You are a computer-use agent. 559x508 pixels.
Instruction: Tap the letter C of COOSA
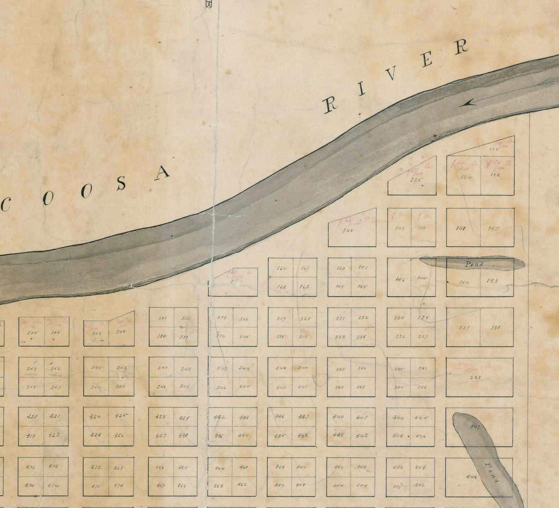(x=6, y=206)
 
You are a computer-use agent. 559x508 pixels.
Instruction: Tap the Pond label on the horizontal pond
(x=474, y=264)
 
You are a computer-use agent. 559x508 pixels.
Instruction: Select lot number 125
(x=417, y=180)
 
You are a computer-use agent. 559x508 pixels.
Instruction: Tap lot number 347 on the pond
(x=475, y=427)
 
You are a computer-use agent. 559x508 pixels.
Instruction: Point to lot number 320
(x=32, y=417)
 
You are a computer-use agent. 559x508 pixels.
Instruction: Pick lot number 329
(x=184, y=418)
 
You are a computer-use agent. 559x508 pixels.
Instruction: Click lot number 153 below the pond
(x=492, y=280)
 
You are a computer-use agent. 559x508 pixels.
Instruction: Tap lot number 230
(x=495, y=328)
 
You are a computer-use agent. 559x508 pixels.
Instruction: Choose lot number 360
(x=279, y=467)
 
